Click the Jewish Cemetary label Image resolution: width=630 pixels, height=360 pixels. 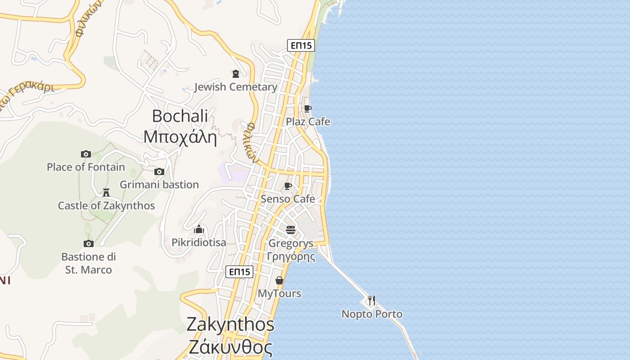click(236, 87)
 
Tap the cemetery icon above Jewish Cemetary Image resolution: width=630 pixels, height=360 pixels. click(235, 73)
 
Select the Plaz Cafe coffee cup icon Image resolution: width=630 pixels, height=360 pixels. click(307, 108)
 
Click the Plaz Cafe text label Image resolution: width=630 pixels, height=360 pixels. click(308, 121)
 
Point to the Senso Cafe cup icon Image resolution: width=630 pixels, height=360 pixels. click(288, 186)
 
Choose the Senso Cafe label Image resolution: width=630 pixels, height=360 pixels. click(288, 199)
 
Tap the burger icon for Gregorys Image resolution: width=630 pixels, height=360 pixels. click(291, 230)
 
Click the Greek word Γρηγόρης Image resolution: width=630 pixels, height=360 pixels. click(291, 257)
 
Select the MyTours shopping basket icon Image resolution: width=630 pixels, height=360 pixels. click(279, 280)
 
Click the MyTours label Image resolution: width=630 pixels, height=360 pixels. click(279, 293)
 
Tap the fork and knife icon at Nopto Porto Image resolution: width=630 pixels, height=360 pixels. click(372, 300)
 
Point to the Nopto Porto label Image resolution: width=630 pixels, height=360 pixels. click(372, 314)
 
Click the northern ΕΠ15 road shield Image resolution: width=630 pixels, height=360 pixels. click(301, 45)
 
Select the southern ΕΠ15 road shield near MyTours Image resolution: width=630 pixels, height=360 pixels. click(239, 272)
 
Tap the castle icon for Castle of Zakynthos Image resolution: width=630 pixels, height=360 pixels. click(106, 193)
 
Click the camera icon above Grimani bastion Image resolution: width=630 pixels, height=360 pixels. click(159, 171)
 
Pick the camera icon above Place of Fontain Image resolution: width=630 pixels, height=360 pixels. click(86, 154)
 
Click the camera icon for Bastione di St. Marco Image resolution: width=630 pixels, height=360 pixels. click(89, 243)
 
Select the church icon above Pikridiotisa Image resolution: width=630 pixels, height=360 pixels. click(199, 229)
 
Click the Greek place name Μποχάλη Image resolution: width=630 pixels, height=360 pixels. click(180, 137)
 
